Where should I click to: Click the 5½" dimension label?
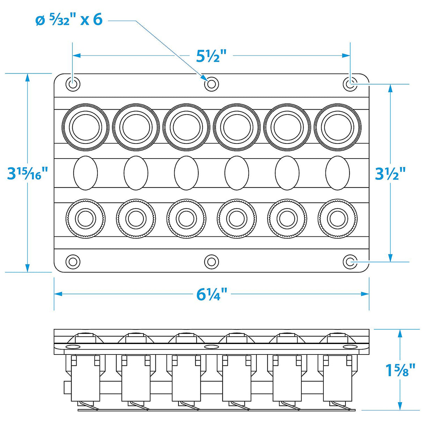point(211,56)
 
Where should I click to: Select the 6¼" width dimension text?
point(212,294)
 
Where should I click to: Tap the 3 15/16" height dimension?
point(27,173)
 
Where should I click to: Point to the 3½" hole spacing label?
point(390,173)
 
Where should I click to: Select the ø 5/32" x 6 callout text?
point(69,20)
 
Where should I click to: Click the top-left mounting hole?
point(73,84)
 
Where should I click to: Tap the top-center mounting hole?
point(211,84)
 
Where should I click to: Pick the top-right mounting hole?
point(350,84)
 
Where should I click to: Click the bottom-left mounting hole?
point(73,262)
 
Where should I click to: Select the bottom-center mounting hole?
point(211,262)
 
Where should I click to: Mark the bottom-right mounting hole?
point(350,262)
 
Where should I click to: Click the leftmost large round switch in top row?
point(85,126)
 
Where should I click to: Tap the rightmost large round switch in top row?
point(337,126)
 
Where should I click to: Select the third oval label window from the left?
point(186,173)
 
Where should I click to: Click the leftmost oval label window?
point(85,173)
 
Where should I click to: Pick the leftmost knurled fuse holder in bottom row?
point(85,219)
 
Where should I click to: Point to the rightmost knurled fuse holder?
point(337,219)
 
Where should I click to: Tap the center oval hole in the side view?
point(211,346)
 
